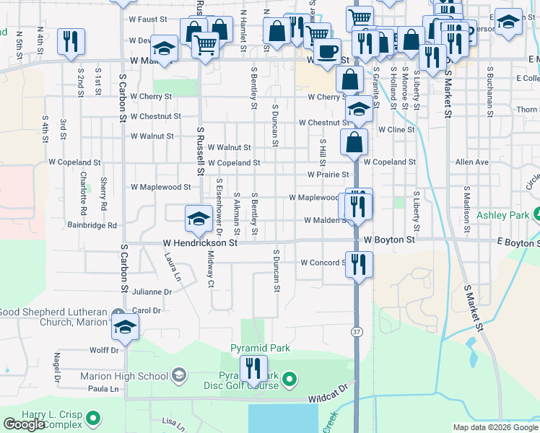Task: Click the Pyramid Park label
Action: click(260, 348)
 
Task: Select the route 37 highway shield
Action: click(357, 331)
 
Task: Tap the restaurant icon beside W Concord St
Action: click(358, 264)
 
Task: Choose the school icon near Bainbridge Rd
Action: click(199, 219)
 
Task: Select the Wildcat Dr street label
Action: click(328, 397)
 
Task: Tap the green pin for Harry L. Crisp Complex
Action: click(93, 417)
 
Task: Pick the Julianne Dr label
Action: click(152, 292)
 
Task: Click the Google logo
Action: click(24, 424)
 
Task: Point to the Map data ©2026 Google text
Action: click(495, 427)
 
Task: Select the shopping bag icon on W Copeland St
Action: click(355, 142)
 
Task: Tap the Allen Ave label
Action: click(471, 162)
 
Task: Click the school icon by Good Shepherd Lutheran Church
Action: click(125, 326)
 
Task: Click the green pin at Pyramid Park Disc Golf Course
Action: click(289, 378)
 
